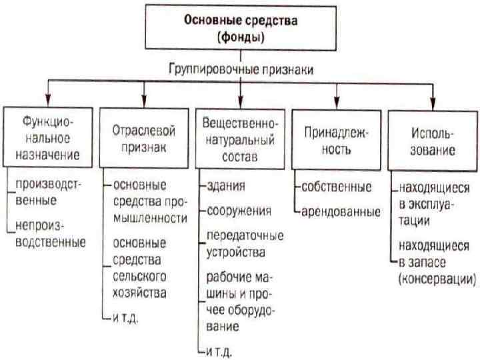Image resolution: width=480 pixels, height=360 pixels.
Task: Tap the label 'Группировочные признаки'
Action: tap(241, 69)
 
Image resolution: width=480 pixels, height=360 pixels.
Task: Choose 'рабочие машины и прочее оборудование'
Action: tap(241, 301)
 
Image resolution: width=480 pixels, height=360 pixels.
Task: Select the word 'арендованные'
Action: tap(341, 213)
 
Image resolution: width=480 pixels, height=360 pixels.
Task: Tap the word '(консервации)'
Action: tap(437, 279)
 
